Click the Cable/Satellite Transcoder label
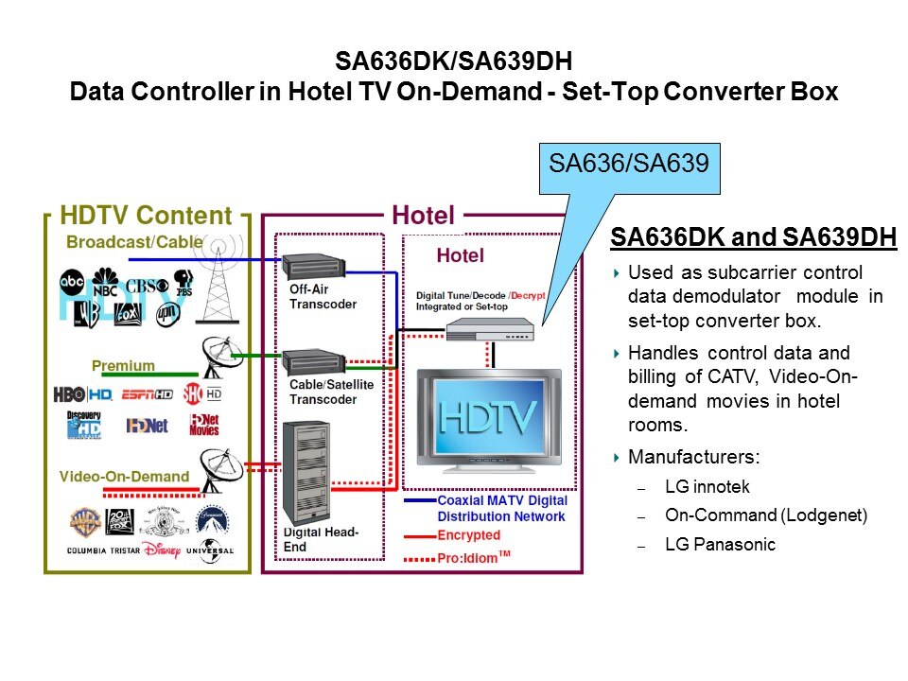331,392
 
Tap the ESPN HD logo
148,394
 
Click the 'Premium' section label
123,365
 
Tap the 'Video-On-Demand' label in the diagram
124,476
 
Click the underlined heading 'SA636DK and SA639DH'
753,237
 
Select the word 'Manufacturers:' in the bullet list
694,458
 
